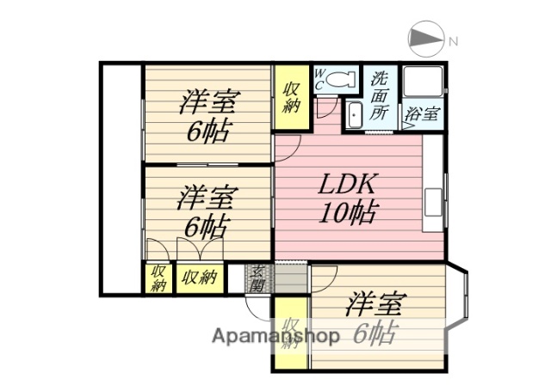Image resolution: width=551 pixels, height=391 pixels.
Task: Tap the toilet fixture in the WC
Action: click(x=342, y=80)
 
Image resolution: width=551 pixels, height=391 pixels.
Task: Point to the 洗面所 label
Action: click(x=381, y=95)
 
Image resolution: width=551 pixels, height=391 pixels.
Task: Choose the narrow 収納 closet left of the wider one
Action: click(x=158, y=278)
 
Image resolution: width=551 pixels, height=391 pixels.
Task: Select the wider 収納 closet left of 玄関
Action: click(x=200, y=278)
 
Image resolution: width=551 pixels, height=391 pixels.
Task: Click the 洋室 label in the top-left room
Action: click(x=208, y=103)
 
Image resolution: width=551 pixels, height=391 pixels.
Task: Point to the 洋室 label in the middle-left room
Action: click(x=207, y=199)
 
